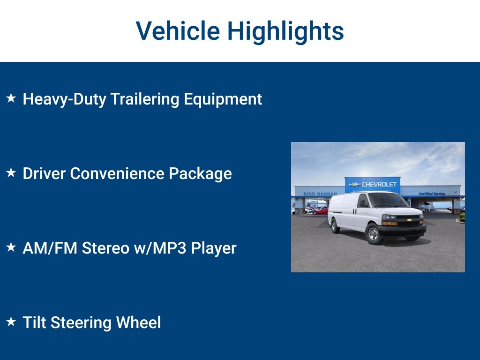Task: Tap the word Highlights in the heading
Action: pyautogui.click(x=285, y=31)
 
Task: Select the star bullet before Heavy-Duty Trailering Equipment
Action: pyautogui.click(x=11, y=98)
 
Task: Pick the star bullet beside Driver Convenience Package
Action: pyautogui.click(x=11, y=172)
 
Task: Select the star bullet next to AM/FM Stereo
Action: pyautogui.click(x=11, y=247)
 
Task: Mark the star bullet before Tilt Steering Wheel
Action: pyautogui.click(x=11, y=322)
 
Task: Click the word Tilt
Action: pyautogui.click(x=34, y=323)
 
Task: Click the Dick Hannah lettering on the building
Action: pyautogui.click(x=320, y=194)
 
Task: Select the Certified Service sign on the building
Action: pyautogui.click(x=432, y=194)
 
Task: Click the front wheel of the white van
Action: pyautogui.click(x=374, y=234)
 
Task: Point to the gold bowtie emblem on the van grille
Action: pyautogui.click(x=409, y=220)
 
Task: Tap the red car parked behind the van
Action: pyautogui.click(x=321, y=211)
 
